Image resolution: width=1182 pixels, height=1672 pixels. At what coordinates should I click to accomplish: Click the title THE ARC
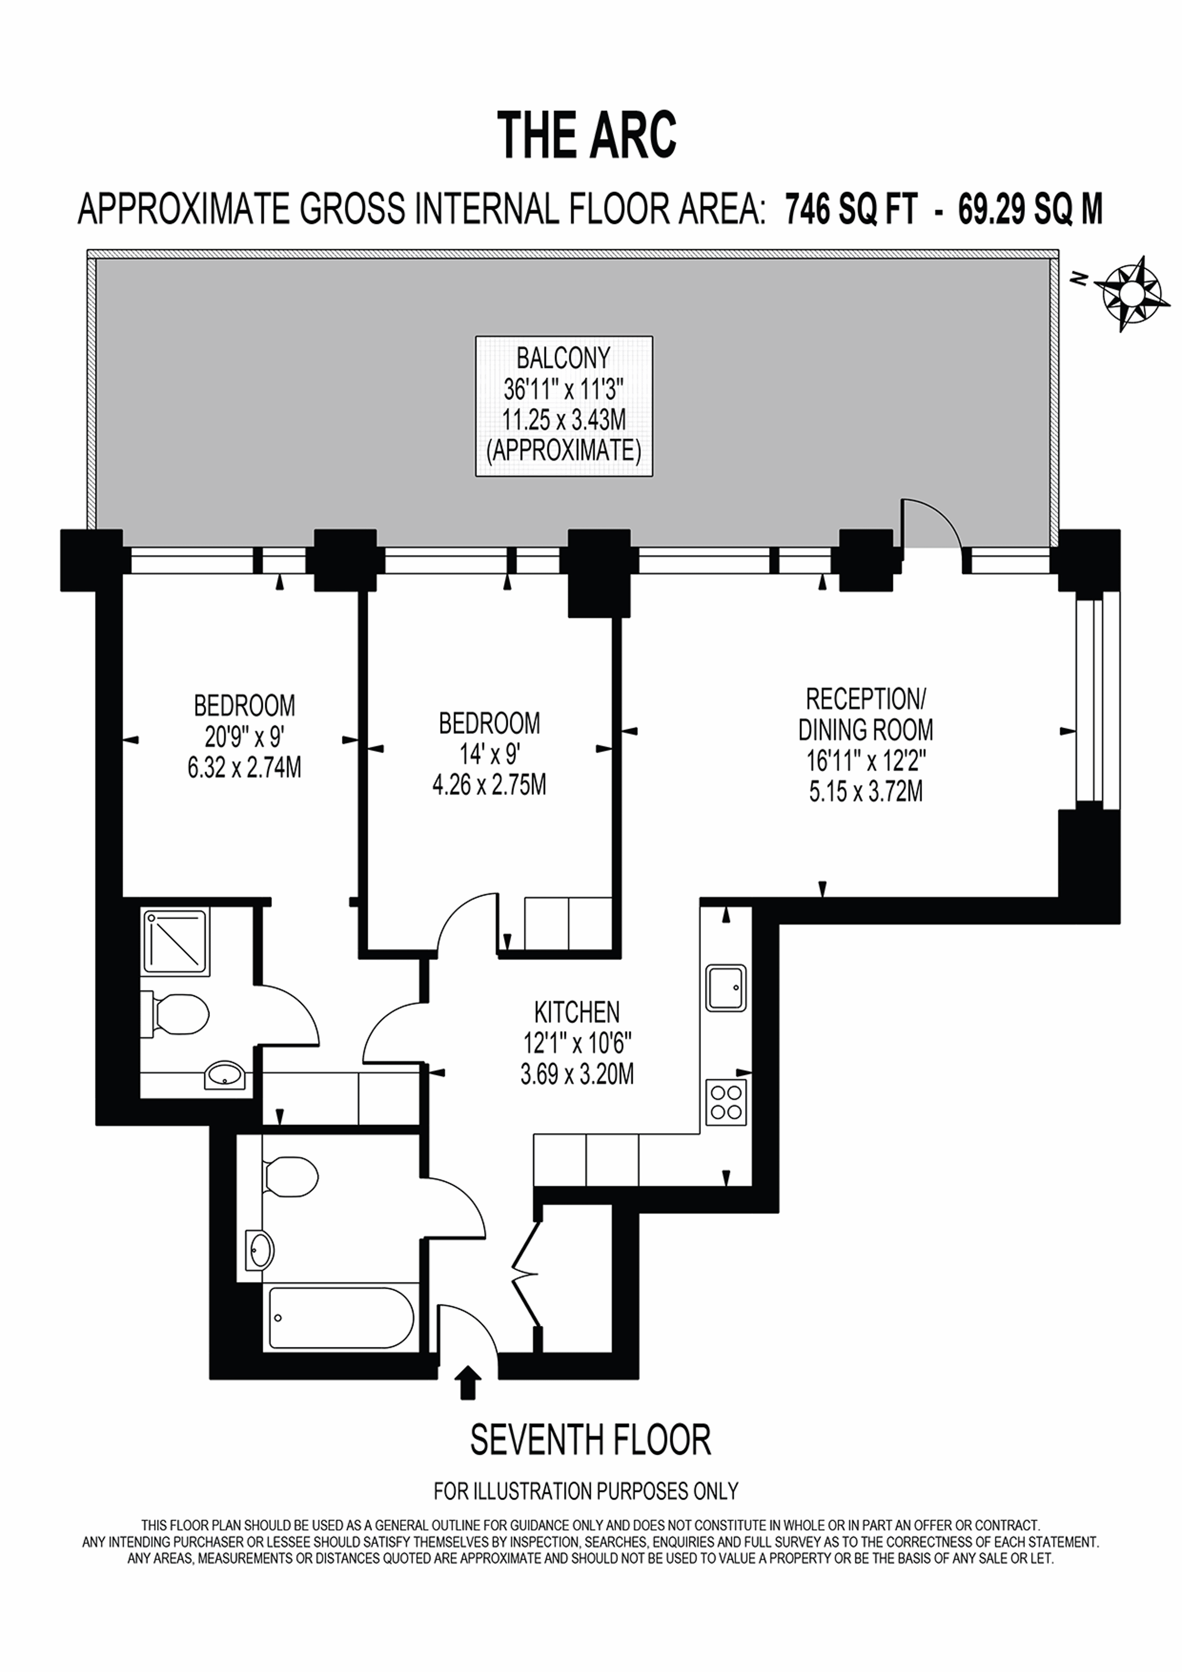(587, 135)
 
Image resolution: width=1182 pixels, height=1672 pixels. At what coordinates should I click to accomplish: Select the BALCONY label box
(564, 406)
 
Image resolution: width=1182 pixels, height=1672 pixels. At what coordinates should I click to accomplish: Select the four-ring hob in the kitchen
(726, 1102)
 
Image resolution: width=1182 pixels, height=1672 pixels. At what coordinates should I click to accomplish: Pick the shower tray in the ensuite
(176, 942)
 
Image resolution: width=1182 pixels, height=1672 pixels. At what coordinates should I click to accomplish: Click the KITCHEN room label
(576, 1012)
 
